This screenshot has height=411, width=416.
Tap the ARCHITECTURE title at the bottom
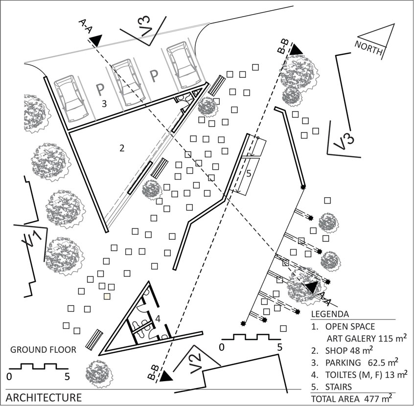tap(44, 396)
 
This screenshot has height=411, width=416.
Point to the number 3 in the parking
tap(104, 103)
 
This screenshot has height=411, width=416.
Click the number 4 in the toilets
tap(158, 319)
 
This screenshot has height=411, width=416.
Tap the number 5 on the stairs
tap(249, 173)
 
